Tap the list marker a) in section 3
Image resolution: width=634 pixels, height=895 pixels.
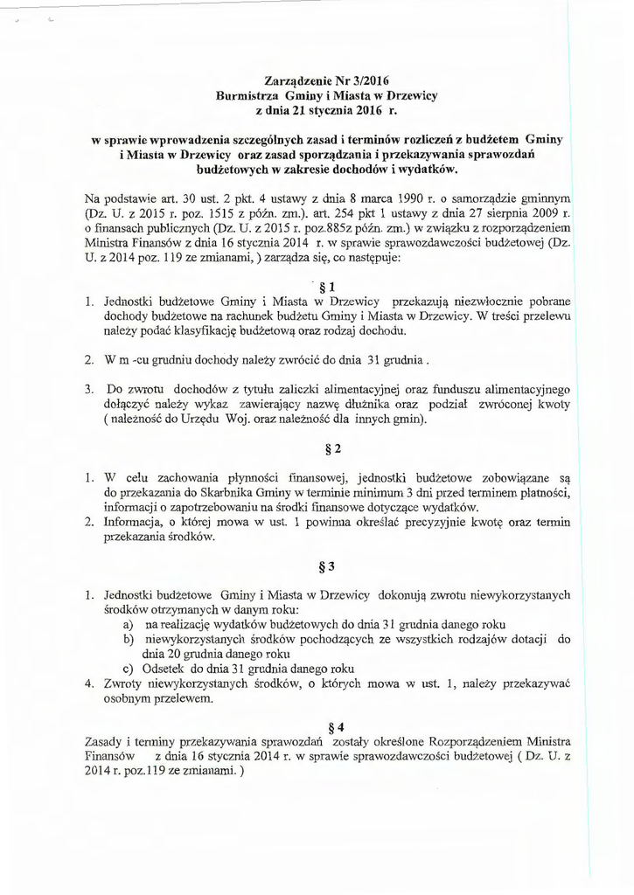tap(129, 625)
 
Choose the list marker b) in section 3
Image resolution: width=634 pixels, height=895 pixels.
tap(129, 640)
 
